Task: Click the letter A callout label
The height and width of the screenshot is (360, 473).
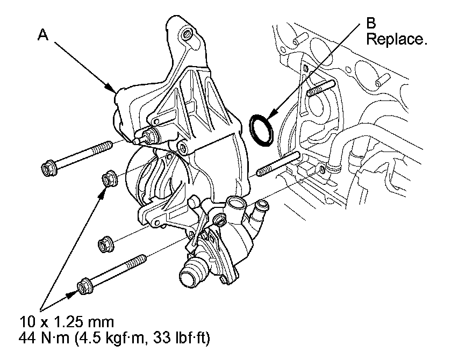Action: [43, 35]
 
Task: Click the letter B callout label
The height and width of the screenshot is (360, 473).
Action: [371, 23]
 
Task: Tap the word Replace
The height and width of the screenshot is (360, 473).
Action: [396, 39]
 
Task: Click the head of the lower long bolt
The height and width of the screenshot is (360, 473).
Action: [85, 286]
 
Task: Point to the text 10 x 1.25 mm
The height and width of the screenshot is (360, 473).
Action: [67, 322]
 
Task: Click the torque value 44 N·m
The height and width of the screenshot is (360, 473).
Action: [44, 338]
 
